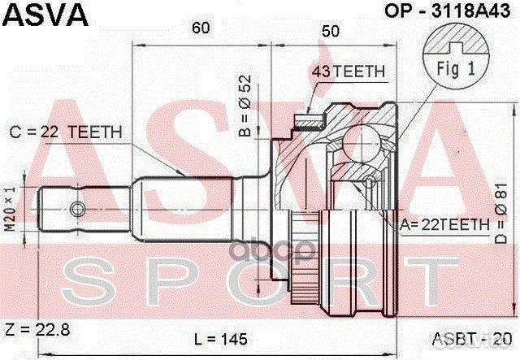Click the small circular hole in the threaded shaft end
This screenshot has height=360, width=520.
click(76, 210)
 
